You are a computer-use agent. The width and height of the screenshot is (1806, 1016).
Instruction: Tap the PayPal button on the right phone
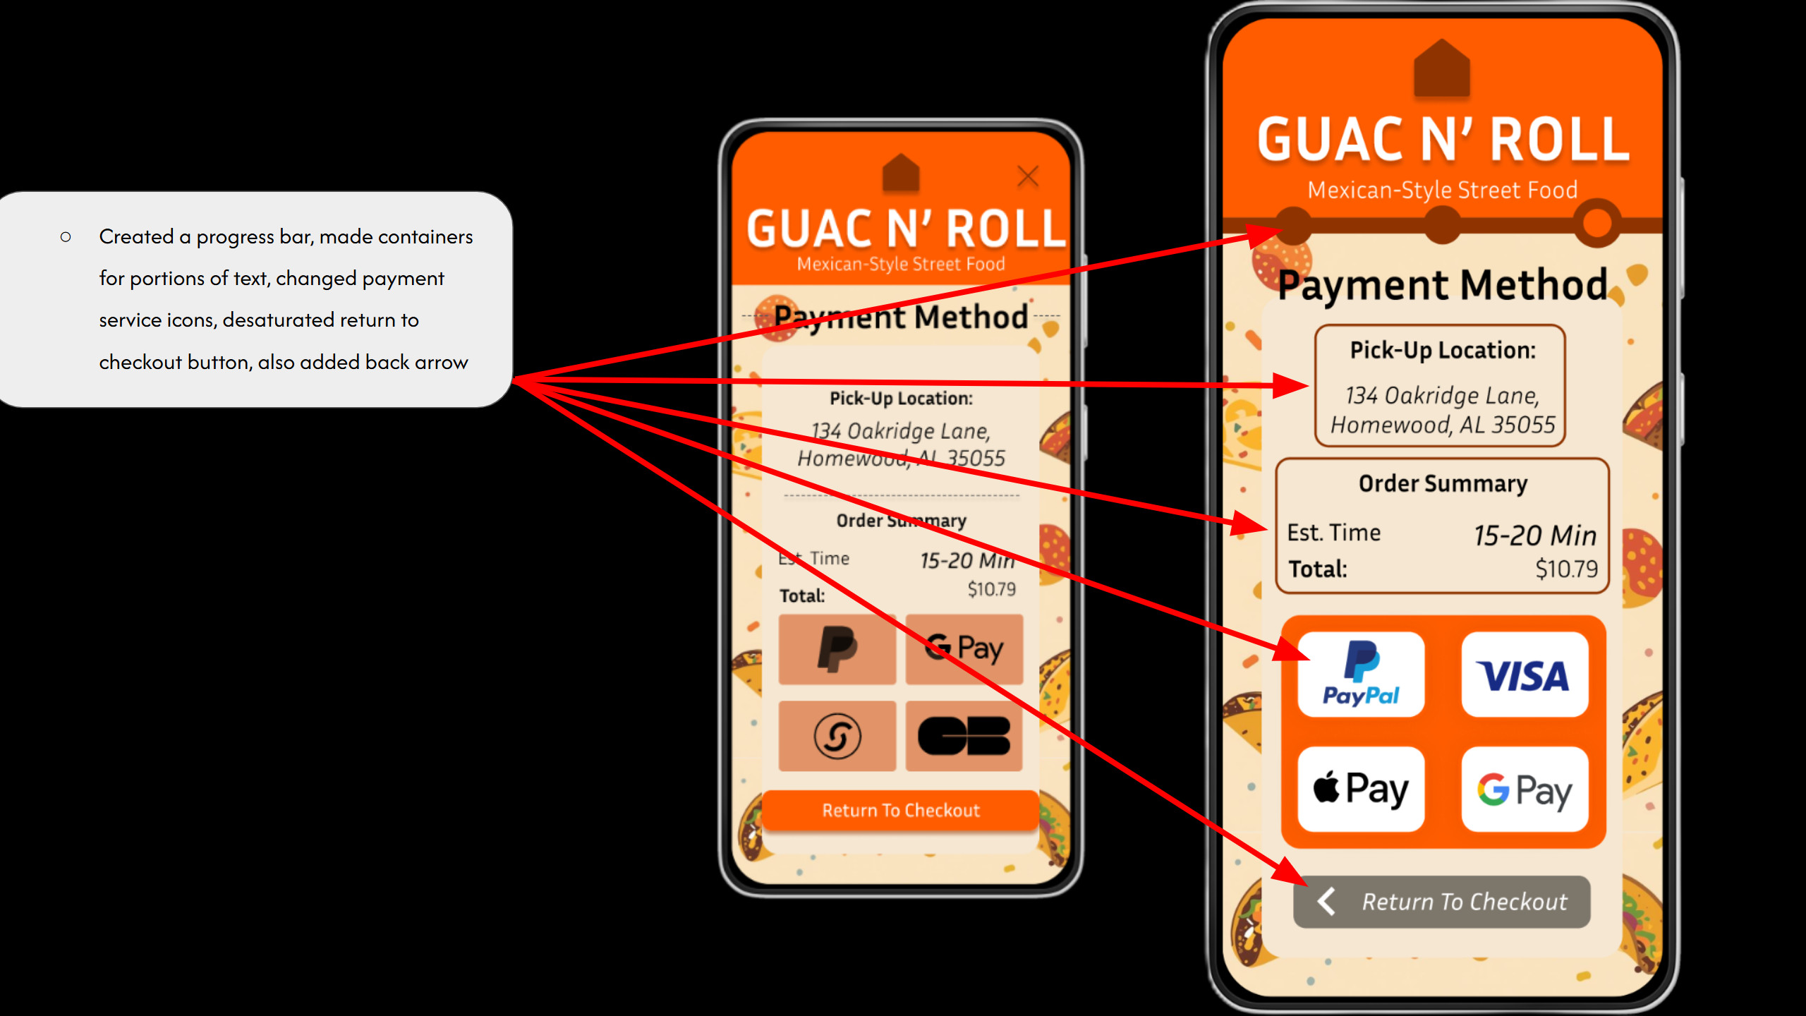pyautogui.click(x=1361, y=674)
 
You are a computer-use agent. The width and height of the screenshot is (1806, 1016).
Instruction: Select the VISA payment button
pyautogui.click(x=1525, y=674)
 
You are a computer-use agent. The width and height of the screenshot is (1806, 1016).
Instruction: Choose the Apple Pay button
pyautogui.click(x=1361, y=789)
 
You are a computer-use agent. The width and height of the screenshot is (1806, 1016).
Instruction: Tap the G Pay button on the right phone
pyautogui.click(x=1525, y=789)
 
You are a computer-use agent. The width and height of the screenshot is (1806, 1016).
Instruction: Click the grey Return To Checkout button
pyautogui.click(x=1442, y=902)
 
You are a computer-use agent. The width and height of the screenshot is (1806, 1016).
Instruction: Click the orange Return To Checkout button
pyautogui.click(x=900, y=810)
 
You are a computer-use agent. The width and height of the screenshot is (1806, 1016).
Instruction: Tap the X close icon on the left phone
pyautogui.click(x=1028, y=176)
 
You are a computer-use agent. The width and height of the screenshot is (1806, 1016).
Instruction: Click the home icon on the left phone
pyautogui.click(x=901, y=173)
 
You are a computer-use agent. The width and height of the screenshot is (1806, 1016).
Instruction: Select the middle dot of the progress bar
pyautogui.click(x=1442, y=225)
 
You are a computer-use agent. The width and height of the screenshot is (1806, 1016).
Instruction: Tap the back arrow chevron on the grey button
pyautogui.click(x=1326, y=901)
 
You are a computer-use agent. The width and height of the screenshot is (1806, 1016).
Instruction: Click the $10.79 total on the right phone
pyautogui.click(x=1566, y=569)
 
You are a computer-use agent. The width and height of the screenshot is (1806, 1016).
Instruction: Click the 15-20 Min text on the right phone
pyautogui.click(x=1535, y=536)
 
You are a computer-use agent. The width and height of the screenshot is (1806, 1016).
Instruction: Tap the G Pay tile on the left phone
pyautogui.click(x=964, y=648)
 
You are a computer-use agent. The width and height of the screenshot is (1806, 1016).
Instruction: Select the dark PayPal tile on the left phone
pyautogui.click(x=837, y=648)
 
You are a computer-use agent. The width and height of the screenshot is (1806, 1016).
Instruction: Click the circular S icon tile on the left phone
pyautogui.click(x=837, y=736)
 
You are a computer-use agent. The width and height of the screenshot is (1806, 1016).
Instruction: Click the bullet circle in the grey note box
pyautogui.click(x=66, y=237)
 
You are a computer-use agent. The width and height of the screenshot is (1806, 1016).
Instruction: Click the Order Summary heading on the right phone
pyautogui.click(x=1443, y=484)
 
